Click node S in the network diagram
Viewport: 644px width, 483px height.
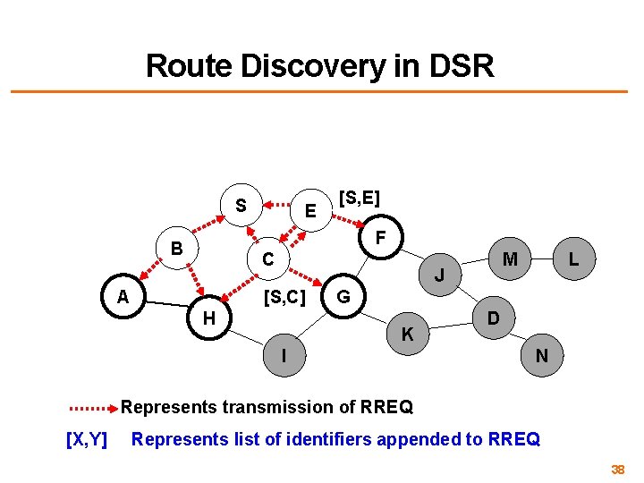241,206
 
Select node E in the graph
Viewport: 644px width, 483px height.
309,211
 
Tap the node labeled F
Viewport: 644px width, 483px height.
380,239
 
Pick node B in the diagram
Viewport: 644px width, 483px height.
177,248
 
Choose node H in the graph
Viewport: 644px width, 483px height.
208,318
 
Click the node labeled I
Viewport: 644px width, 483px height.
284,355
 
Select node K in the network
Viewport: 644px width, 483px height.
407,335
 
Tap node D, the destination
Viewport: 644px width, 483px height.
493,318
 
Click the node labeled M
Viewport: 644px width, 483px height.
510,259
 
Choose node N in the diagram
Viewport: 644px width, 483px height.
542,355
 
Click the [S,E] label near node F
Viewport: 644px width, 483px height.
360,195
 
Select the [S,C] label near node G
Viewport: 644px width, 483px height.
284,296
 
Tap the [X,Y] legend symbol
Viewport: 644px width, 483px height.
87,439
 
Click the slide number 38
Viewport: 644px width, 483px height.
617,470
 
